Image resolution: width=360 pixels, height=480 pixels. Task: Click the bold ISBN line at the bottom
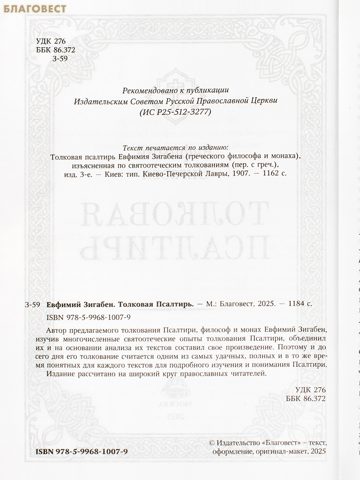click(82, 451)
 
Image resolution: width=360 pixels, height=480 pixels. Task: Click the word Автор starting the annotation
click(58, 329)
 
